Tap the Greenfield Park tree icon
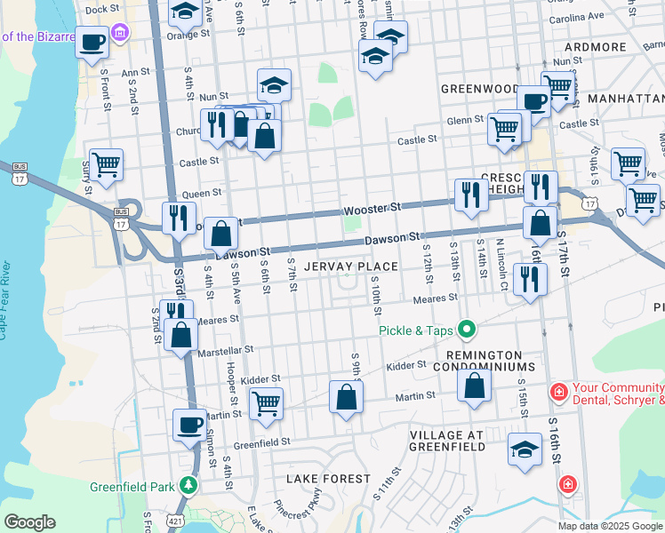[x=188, y=486]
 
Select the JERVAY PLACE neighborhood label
[x=350, y=266]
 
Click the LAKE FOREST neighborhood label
[x=328, y=479]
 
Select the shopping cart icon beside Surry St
[x=106, y=164]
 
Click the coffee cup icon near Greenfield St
[x=189, y=425]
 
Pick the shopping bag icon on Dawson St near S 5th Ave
[x=221, y=235]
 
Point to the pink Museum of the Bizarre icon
[x=121, y=35]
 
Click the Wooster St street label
[x=373, y=207]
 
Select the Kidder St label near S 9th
[x=407, y=366]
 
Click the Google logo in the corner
[x=29, y=522]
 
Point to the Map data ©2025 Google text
[x=609, y=526]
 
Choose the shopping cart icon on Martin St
[x=266, y=404]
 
